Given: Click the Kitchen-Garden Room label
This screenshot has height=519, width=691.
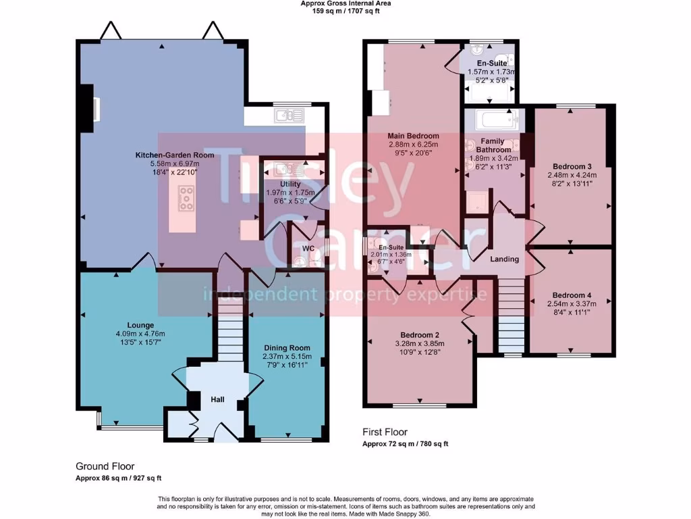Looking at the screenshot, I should tap(174, 155).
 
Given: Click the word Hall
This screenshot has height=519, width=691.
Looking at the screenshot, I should tap(217, 400).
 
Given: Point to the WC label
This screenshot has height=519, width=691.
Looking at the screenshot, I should tap(308, 248).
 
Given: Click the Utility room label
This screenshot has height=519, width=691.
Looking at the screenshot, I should tap(291, 184).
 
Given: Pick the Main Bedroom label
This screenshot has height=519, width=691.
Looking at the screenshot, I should tap(414, 136).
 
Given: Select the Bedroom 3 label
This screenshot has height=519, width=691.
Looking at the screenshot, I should tap(572, 166).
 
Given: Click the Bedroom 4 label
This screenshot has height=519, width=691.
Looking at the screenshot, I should tap(572, 295).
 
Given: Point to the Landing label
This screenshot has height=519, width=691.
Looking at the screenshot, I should tap(504, 259).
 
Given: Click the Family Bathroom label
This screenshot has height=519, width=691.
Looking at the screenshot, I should tap(492, 145).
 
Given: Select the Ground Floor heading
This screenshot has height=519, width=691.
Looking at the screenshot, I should tap(105, 466).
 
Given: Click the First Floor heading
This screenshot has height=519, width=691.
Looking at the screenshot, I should tap(385, 432).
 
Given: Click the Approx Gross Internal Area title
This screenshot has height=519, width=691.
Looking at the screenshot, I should tap(345, 3).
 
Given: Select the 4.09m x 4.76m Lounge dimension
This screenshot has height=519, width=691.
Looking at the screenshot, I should tap(140, 333).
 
